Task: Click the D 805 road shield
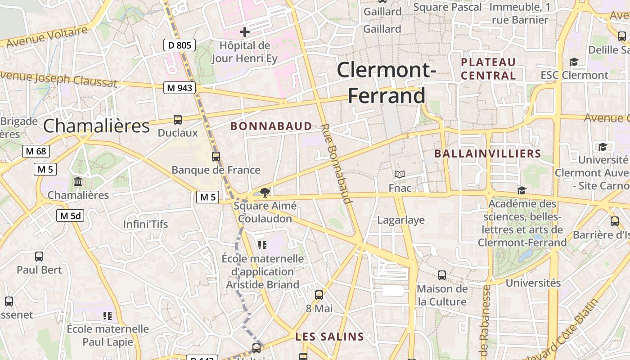[179, 45]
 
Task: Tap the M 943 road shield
[180, 88]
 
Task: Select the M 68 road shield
[36, 151]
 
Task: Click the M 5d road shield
[71, 216]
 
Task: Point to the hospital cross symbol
[245, 32]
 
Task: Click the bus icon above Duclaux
[178, 120]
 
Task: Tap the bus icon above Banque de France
[216, 157]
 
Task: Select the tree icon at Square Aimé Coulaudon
[265, 193]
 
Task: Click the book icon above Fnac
[400, 174]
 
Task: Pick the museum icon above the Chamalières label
[78, 182]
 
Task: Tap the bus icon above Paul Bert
[39, 256]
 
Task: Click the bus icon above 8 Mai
[319, 295]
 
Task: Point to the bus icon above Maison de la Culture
[442, 275]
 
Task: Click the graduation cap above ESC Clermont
[574, 62]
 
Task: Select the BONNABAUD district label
[271, 126]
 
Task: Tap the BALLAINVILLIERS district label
[487, 154]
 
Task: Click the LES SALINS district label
[329, 337]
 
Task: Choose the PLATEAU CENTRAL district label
[488, 69]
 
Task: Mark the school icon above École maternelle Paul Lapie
[107, 316]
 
